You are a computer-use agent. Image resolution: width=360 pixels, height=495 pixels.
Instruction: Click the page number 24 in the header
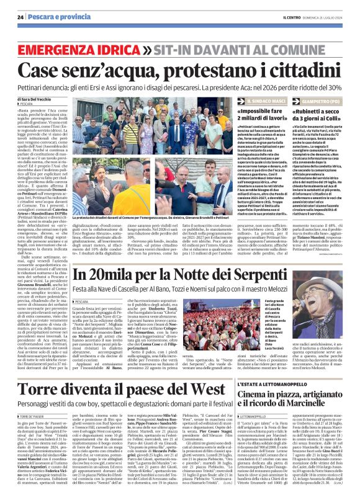21,16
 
